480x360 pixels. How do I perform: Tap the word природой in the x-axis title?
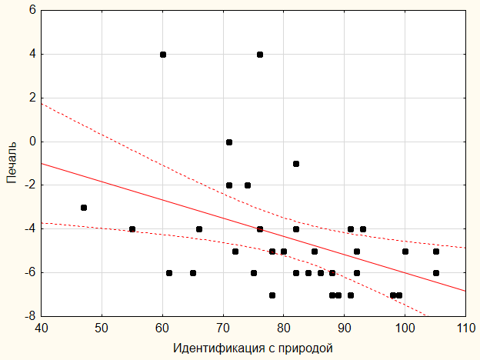(308, 348)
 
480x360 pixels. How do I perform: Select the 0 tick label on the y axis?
(32, 142)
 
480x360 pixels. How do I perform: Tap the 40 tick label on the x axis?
(42, 327)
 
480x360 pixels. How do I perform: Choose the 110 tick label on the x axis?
(465, 327)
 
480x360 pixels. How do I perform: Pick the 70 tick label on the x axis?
(223, 327)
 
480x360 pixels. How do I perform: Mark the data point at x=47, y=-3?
(84, 208)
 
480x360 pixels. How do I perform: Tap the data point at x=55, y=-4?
(132, 229)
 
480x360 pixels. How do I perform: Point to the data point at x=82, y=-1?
(296, 164)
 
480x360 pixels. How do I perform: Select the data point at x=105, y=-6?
(435, 273)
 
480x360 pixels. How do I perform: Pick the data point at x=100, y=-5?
(405, 252)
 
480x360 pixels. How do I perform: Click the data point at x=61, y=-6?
(169, 273)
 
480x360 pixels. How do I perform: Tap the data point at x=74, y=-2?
(248, 185)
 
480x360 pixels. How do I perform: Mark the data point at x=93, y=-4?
(363, 229)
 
